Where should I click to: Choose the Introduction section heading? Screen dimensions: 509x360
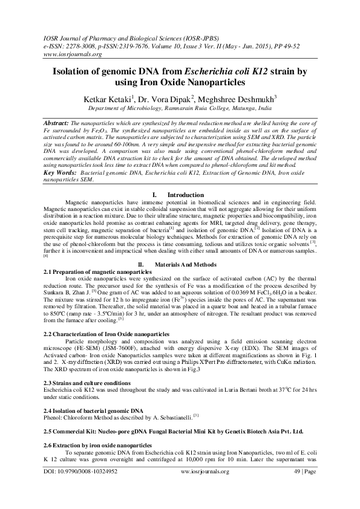[x=185, y=195]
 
